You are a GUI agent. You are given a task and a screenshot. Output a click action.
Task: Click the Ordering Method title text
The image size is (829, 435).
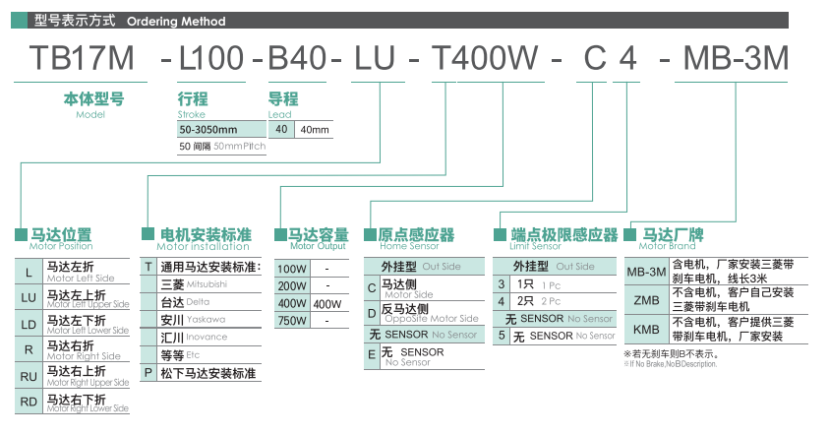tap(176, 21)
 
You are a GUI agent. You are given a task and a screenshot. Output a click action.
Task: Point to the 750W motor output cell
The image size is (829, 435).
tap(292, 321)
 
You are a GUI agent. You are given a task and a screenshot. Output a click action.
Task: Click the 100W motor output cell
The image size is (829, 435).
tap(292, 268)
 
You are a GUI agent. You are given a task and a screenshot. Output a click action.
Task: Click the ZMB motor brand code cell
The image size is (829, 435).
tap(646, 299)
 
